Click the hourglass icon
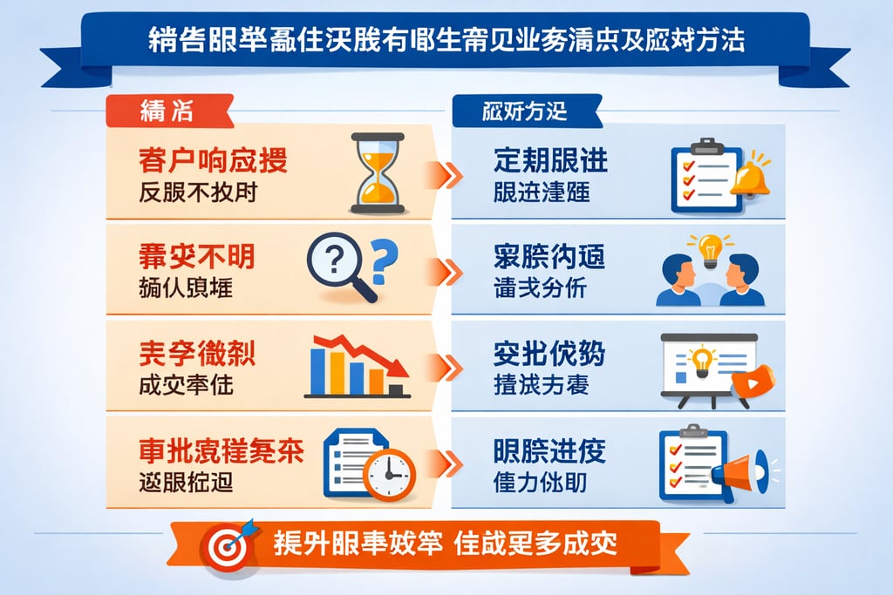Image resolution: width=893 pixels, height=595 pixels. coord(377,172)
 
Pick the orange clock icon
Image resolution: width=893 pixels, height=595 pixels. coord(390,474)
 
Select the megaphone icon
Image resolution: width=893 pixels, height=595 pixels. coord(741,471)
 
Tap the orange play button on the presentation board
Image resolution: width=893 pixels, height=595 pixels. coord(753,382)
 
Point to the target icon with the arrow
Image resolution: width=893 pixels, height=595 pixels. coord(228,544)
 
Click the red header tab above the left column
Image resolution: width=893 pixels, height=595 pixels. coord(166,112)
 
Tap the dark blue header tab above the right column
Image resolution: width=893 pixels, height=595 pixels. coord(523,112)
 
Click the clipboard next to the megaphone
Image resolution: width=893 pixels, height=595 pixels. coord(692,462)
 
